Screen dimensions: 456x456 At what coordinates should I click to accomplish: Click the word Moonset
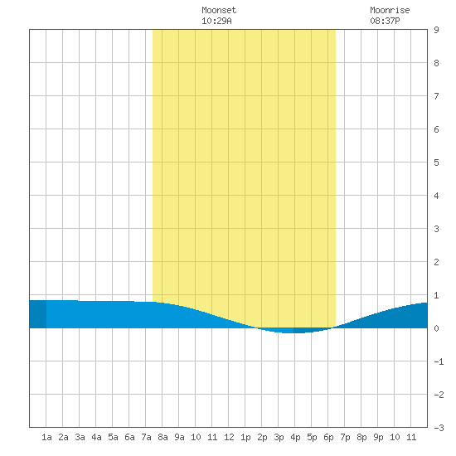[x=219, y=10]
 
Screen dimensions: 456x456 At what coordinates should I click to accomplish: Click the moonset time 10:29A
[x=216, y=21]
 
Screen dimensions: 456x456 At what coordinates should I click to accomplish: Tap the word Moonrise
[x=390, y=10]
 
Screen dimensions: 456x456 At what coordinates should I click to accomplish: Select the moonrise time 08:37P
[x=385, y=21]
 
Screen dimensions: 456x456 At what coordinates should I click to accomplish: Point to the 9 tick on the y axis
[x=436, y=30]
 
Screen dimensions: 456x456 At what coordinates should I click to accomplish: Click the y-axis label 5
[x=436, y=163]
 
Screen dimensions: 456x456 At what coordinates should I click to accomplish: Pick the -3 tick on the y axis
[x=439, y=428]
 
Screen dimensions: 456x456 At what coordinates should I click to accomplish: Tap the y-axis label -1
[x=439, y=361]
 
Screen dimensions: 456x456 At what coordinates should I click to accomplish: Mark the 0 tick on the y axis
[x=436, y=328]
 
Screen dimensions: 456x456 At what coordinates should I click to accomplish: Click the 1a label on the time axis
[x=46, y=437]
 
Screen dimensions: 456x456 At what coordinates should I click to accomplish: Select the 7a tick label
[x=146, y=437]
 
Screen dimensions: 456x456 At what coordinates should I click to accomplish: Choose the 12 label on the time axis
[x=229, y=437]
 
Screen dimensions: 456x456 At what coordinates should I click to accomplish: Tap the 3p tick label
[x=279, y=437]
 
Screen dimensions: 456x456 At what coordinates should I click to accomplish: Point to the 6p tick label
[x=328, y=437]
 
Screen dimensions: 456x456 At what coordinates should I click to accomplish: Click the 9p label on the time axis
[x=378, y=437]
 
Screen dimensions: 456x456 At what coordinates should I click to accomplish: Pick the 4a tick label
[x=96, y=437]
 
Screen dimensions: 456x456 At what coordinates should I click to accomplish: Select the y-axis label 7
[x=436, y=96]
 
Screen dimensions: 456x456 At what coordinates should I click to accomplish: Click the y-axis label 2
[x=436, y=262]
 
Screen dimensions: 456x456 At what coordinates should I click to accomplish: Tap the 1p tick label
[x=245, y=437]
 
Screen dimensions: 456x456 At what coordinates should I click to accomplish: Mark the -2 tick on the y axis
[x=439, y=395]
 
